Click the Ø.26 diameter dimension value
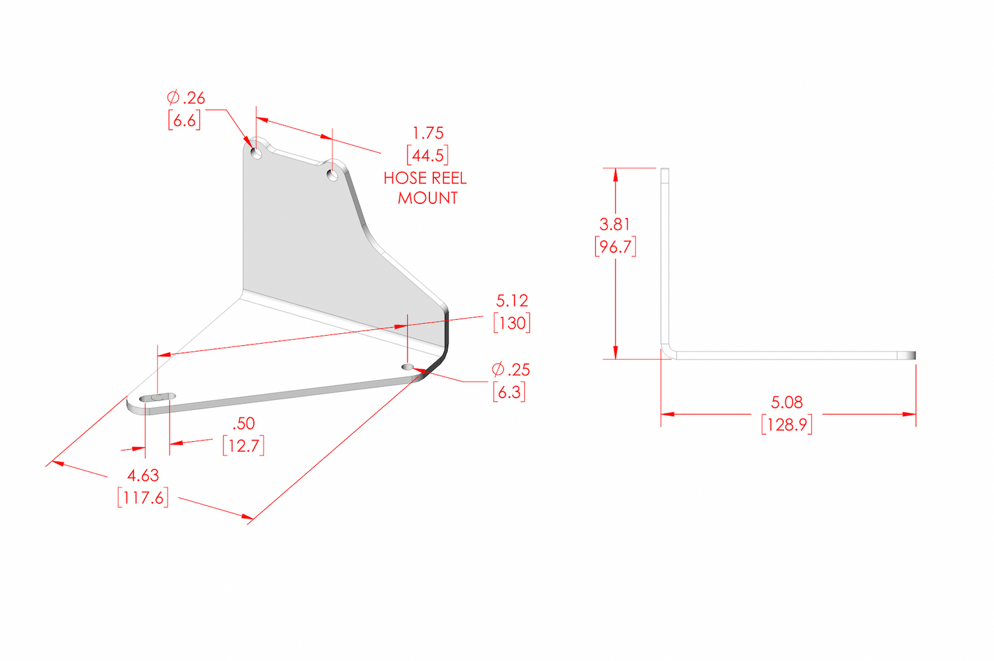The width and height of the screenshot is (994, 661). click(x=186, y=98)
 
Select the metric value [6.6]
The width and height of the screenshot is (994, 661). click(x=184, y=121)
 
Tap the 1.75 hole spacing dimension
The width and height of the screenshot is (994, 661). click(x=428, y=133)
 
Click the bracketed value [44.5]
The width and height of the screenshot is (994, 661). click(x=427, y=156)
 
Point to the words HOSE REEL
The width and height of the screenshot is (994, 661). click(x=425, y=178)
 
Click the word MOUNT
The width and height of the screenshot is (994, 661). click(x=427, y=198)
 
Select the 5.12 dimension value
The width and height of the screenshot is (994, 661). click(x=512, y=301)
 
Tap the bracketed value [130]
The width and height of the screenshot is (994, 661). click(x=512, y=323)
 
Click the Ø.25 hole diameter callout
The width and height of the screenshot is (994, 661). click(x=511, y=370)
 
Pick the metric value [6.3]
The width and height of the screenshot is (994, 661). click(x=509, y=392)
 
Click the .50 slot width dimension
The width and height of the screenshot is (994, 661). click(x=244, y=424)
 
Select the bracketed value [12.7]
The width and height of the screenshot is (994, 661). click(x=243, y=446)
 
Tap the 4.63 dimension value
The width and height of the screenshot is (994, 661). click(x=143, y=476)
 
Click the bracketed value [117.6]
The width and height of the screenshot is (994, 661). click(x=143, y=498)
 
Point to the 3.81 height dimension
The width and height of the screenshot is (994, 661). click(x=615, y=225)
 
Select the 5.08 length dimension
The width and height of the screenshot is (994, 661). click(x=787, y=402)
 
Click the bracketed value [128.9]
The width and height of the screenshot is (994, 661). click(x=787, y=425)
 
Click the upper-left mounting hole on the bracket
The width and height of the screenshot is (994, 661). click(x=256, y=154)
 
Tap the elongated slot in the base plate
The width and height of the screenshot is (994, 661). click(x=158, y=397)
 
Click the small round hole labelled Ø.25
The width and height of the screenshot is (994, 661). click(x=408, y=367)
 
